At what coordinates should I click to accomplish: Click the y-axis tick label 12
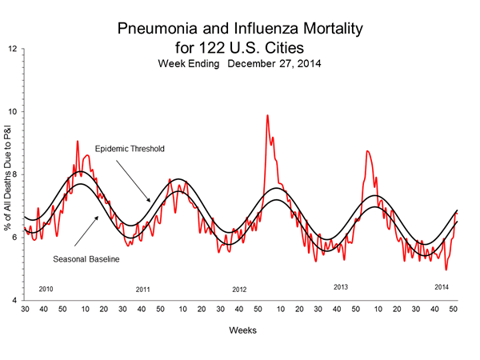pyautogui.click(x=12, y=49)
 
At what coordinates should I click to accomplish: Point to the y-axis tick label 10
pyautogui.click(x=12, y=111)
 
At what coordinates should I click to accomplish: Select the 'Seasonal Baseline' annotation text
pyautogui.click(x=86, y=259)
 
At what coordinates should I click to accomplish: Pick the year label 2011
pyautogui.click(x=143, y=289)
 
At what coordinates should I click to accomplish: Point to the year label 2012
pyautogui.click(x=239, y=289)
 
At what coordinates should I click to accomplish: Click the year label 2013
pyautogui.click(x=341, y=286)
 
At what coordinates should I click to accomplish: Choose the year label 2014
pyautogui.click(x=442, y=286)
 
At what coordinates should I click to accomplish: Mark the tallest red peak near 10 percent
pyautogui.click(x=267, y=115)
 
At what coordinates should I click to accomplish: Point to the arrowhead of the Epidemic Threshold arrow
pyautogui.click(x=149, y=201)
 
